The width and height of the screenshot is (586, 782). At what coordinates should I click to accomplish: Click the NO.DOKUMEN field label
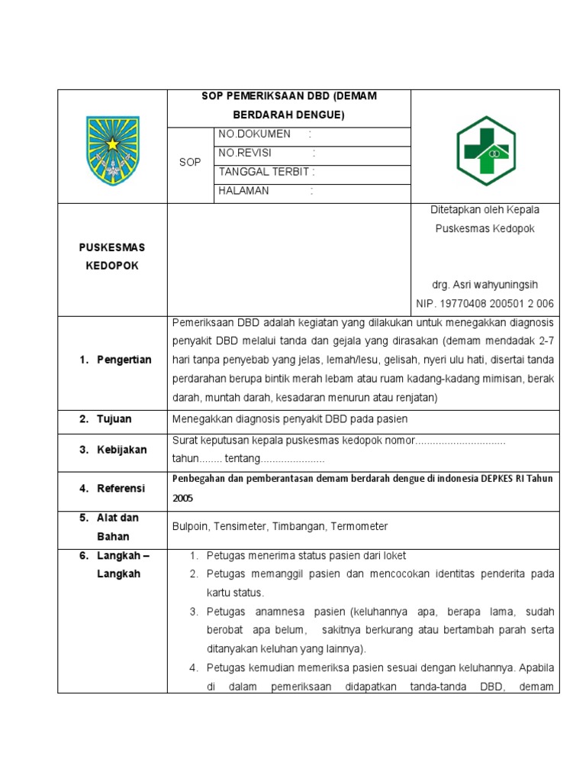(x=255, y=134)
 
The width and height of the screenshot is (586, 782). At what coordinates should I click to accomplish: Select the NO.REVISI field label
(x=245, y=153)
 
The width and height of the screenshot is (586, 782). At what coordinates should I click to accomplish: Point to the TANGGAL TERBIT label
(x=263, y=172)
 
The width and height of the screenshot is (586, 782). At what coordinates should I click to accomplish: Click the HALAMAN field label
(x=243, y=191)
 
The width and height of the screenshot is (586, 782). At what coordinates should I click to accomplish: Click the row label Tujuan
(x=114, y=419)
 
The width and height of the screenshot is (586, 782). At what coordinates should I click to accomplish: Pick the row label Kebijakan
(x=121, y=451)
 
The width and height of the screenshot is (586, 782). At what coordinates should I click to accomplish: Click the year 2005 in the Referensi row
(x=184, y=498)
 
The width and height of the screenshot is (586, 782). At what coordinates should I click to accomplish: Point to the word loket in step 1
(x=393, y=555)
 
